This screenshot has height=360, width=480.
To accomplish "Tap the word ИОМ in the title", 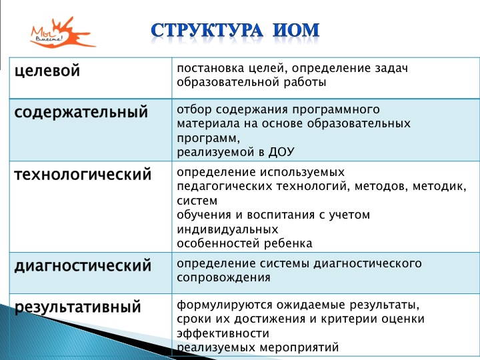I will click(295, 30).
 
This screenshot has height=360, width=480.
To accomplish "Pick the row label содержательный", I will click(81, 112).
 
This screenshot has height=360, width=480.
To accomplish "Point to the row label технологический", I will click(83, 175).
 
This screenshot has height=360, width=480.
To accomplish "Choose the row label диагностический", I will click(83, 266).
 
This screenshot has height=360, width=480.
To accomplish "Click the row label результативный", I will click(77, 308).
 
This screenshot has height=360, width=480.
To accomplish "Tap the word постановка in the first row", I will click(208, 69).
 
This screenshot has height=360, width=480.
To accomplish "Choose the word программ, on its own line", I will click(207, 137).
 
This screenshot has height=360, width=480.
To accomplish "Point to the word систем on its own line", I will click(197, 201).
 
